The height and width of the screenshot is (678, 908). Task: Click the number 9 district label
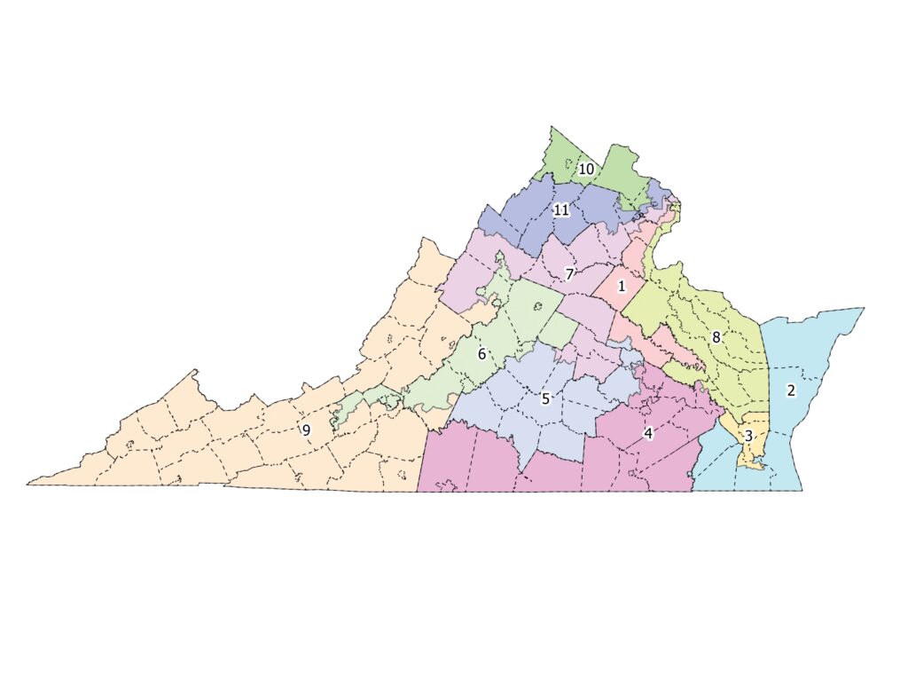(306, 430)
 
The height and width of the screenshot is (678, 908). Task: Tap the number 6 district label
(482, 354)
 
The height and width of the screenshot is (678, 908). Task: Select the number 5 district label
(546, 398)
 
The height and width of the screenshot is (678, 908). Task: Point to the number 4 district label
(648, 433)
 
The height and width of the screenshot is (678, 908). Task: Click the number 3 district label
(748, 436)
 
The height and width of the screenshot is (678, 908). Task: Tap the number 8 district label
(716, 337)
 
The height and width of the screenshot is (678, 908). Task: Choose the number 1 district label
(622, 286)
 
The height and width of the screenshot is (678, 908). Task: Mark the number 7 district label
(570, 273)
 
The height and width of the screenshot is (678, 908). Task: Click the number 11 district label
(560, 210)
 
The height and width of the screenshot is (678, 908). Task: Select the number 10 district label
(587, 169)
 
